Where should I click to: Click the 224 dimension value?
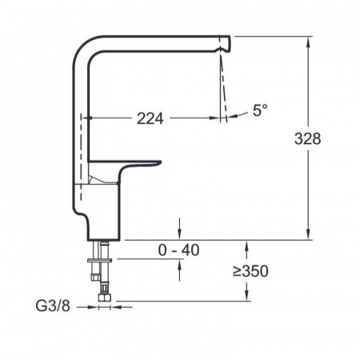coord(150,118)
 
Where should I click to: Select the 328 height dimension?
coord(307,138)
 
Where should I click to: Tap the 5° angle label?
coord(260,110)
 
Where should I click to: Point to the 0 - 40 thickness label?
coord(178,250)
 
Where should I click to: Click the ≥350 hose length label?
coord(250,271)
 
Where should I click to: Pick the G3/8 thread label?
coord(53,306)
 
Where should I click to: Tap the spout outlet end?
coord(227,43)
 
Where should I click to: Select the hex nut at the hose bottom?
coord(104,298)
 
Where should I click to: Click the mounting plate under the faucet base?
coord(99,261)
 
